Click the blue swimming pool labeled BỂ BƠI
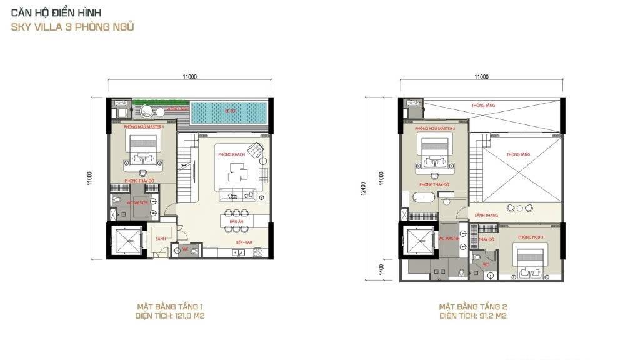(x=230, y=113)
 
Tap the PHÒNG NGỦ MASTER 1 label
(x=144, y=127)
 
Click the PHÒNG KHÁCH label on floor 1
(x=229, y=154)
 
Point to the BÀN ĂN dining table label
(x=236, y=222)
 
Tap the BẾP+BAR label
(x=244, y=241)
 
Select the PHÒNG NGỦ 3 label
(x=531, y=237)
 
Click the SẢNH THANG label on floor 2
(x=484, y=215)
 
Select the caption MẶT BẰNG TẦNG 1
(x=170, y=307)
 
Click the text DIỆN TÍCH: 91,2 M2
(x=472, y=316)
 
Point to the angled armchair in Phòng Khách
(x=255, y=150)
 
